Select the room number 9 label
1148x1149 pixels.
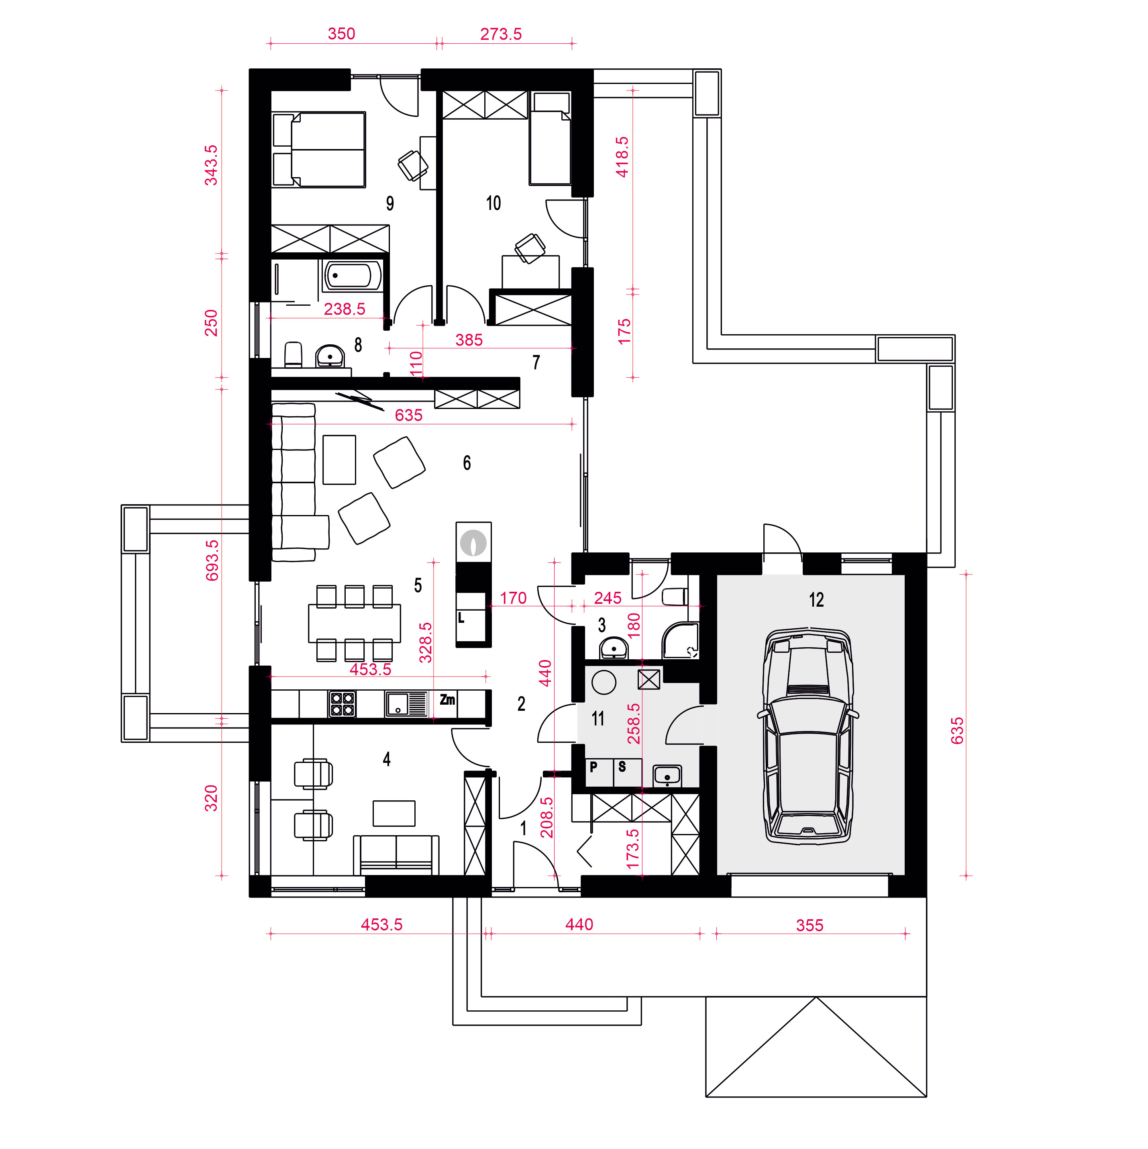click(390, 203)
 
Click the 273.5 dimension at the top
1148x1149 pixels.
click(501, 34)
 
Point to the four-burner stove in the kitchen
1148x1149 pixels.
click(342, 703)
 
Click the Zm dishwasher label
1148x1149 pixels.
click(448, 699)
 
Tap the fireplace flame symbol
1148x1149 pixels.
click(474, 542)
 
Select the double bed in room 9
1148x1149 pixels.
click(319, 150)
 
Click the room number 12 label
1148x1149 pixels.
click(816, 599)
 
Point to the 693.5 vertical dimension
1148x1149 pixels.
click(212, 560)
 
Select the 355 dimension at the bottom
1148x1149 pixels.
click(810, 925)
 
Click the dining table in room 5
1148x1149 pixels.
click(354, 623)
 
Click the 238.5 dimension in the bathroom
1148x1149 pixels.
click(345, 309)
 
